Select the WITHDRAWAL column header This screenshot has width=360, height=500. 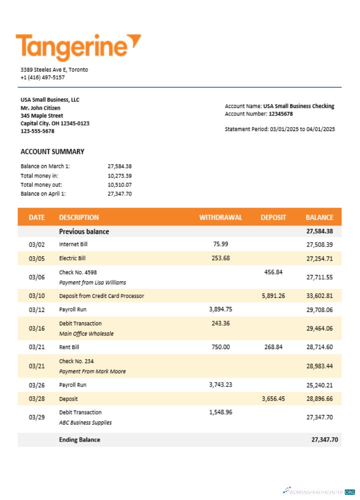tap(220, 217)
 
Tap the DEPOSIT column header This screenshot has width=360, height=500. tap(273, 217)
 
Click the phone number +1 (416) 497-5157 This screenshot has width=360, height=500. tap(42, 77)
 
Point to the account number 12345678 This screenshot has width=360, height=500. tap(280, 114)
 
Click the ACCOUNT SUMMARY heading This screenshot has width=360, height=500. tap(52, 151)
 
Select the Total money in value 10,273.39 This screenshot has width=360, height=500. tap(119, 175)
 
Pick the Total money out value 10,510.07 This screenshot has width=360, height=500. tap(119, 184)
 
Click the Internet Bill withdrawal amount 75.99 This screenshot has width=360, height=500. tap(220, 244)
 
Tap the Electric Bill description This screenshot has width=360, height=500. tap(72, 258)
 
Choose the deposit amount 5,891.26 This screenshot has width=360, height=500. tap(273, 295)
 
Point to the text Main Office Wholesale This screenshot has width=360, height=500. tap(86, 333)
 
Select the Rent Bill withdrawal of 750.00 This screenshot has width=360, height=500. tap(220, 347)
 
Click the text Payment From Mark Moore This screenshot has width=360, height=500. tap(92, 371)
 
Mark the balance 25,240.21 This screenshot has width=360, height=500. tap(319, 385)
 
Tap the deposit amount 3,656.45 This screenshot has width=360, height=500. tap(273, 398)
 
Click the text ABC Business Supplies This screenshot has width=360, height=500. tap(85, 422)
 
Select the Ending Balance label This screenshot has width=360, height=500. tap(79, 439)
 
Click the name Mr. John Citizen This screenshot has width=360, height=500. tap(40, 108)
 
